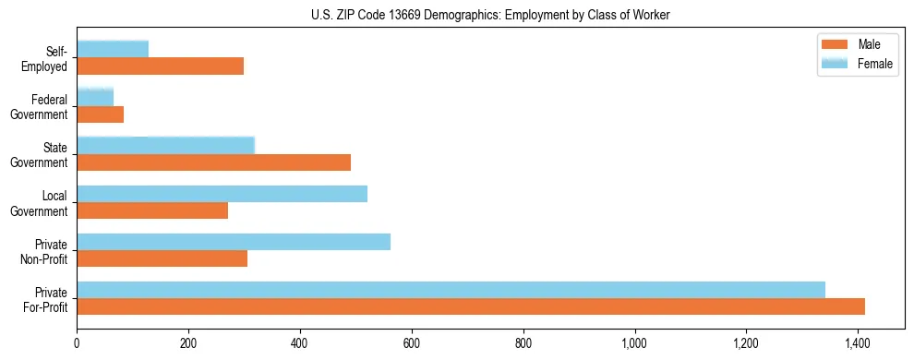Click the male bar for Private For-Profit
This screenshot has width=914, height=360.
click(471, 306)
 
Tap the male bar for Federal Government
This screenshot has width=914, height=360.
click(100, 114)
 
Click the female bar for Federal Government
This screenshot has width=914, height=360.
click(95, 97)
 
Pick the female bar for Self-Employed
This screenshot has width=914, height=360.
click(113, 49)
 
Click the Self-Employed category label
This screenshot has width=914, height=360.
click(45, 58)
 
